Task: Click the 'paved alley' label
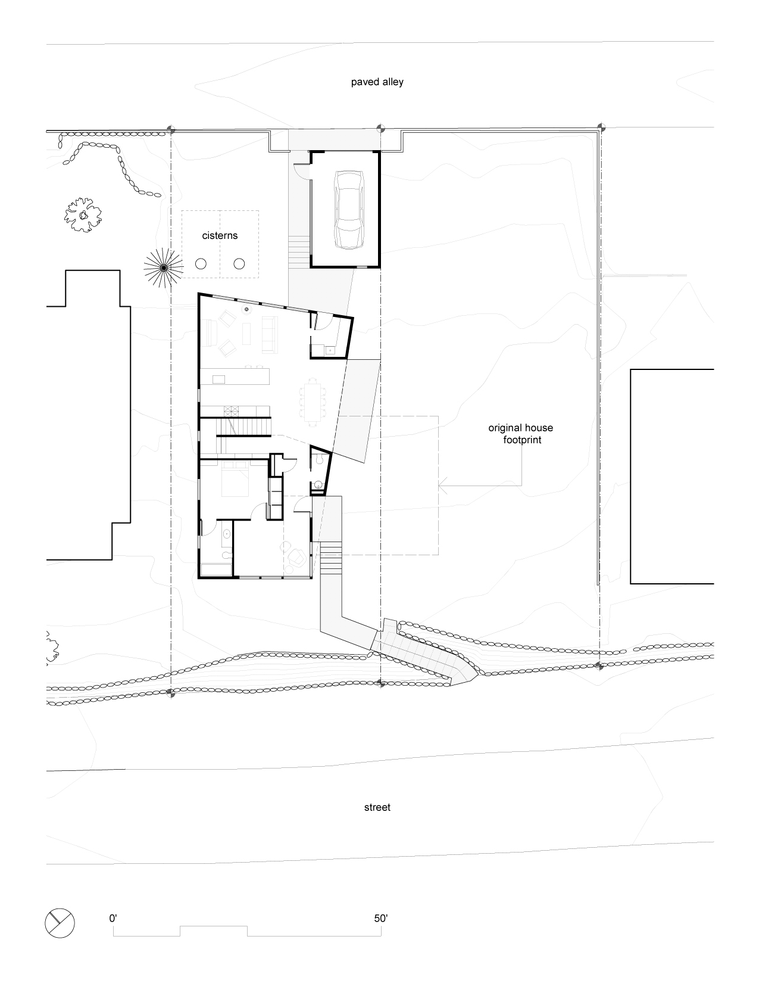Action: click(377, 82)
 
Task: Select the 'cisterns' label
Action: click(220, 235)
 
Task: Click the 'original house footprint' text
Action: click(521, 434)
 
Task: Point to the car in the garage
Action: click(349, 210)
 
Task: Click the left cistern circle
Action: click(201, 264)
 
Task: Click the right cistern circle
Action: click(239, 264)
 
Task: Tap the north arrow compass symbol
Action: click(60, 923)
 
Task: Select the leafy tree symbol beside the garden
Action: click(83, 215)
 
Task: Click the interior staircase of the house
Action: click(243, 427)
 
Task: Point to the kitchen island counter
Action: click(235, 377)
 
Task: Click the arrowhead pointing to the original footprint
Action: click(442, 486)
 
